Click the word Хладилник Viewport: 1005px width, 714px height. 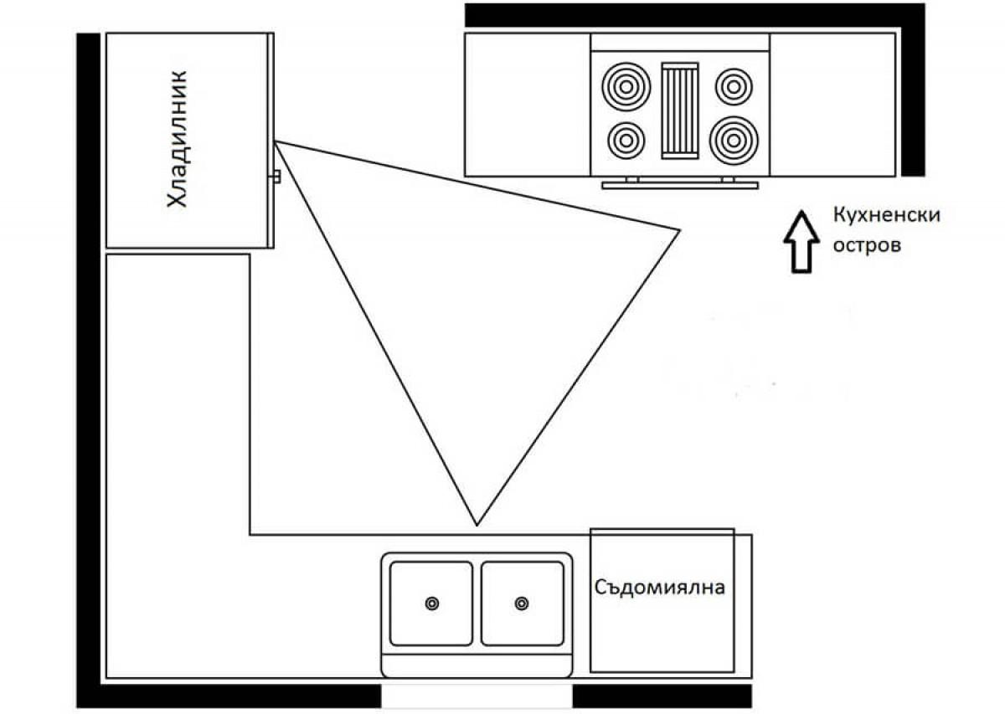pos(178,140)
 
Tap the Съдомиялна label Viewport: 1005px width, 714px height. pos(660,587)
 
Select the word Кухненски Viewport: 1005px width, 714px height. pos(886,215)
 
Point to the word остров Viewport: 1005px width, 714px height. pos(866,247)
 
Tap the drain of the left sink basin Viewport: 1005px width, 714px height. pos(432,603)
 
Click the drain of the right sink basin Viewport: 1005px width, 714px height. pos(522,603)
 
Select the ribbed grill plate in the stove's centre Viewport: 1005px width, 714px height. pos(679,110)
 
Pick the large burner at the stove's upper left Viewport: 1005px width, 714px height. pos(623,85)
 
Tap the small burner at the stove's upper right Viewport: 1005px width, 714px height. pos(734,85)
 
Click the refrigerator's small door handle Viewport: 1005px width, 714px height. pos(276,176)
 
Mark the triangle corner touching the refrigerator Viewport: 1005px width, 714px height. pos(276,141)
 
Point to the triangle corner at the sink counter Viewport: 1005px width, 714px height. pos(477,525)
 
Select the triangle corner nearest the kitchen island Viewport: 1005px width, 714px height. pos(678,229)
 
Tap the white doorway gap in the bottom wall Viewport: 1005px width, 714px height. pos(477,696)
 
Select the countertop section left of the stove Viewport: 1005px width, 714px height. pos(528,105)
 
